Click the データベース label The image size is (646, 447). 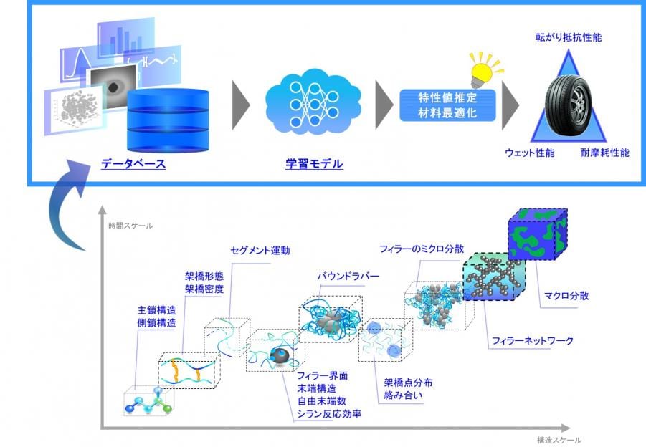point(133,164)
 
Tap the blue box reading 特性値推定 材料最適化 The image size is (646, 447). point(447,105)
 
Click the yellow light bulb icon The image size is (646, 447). point(480,68)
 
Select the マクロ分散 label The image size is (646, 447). point(566,295)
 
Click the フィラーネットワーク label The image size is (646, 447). point(532,341)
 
